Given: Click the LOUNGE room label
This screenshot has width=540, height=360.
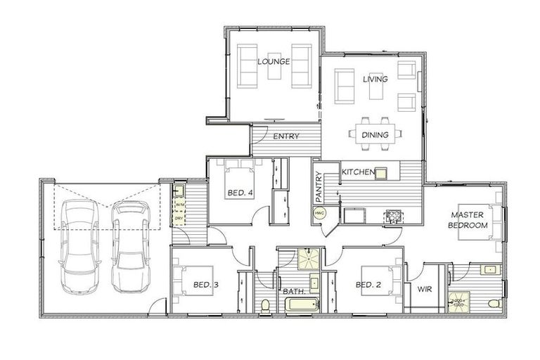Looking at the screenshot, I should pos(274,62).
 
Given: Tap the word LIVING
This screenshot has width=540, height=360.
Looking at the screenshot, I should pos(375,79).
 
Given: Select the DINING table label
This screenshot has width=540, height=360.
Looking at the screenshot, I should pos(375,135).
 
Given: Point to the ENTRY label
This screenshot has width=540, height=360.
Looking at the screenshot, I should pos(286,136).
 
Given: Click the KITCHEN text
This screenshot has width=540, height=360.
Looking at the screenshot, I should pos(357,172).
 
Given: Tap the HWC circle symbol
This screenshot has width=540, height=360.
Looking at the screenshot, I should pos(319,212).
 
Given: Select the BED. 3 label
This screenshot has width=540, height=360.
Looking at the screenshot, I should pos(207,285).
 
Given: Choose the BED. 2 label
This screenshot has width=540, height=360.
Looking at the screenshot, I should pos(369,285).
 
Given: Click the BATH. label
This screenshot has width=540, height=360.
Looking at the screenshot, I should pos(293,291).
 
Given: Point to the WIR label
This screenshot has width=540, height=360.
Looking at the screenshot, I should pos(424,288).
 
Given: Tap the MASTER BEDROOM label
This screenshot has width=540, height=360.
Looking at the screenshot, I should pos(469,219).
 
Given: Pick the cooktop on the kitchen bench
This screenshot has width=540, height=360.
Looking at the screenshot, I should pos(391,216).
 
